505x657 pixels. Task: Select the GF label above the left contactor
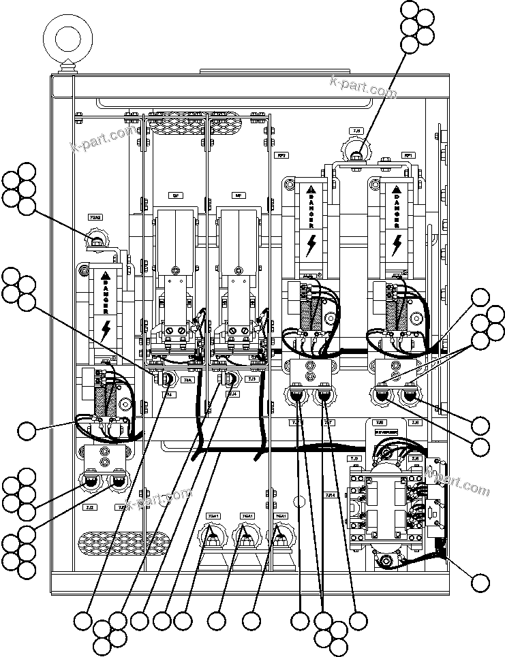[175, 195]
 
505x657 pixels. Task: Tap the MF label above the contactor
[239, 195]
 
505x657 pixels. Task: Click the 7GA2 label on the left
[95, 218]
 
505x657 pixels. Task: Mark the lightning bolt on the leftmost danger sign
[106, 331]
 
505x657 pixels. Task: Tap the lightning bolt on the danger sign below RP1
[397, 244]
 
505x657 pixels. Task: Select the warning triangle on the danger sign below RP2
[310, 189]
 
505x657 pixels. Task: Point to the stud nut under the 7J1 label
[356, 154]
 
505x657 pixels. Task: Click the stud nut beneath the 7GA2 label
[96, 240]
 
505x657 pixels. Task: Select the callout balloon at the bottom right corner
[480, 582]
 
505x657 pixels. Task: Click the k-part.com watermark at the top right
[363, 87]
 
